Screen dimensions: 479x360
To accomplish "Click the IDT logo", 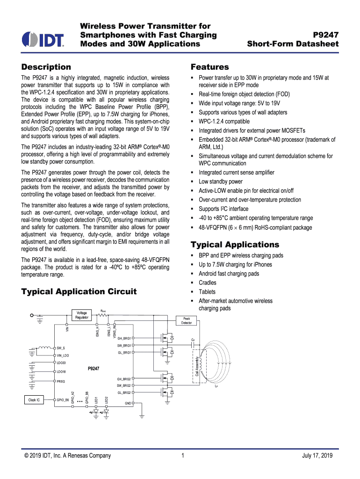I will click(43, 39).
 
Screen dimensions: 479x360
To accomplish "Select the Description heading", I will click(46, 67).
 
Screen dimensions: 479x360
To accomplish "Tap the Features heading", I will click(210, 67).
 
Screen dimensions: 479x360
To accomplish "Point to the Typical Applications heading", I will click(235, 245).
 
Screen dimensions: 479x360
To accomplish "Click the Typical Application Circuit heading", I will click(79, 291).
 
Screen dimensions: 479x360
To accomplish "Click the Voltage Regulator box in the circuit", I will click(82, 315).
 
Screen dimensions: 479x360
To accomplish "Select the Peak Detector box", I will click(187, 320).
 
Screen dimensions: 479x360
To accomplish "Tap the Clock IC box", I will click(34, 400).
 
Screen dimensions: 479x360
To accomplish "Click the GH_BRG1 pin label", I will click(124, 338).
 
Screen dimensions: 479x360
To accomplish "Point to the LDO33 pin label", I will click(61, 363).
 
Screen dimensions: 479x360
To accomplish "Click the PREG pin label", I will click(61, 382).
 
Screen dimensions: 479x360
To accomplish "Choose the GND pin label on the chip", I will click(128, 403).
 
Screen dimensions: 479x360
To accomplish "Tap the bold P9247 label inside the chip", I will click(94, 368).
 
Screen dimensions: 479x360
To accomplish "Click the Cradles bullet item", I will click(207, 283).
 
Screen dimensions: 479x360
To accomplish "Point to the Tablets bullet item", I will click(207, 292).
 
